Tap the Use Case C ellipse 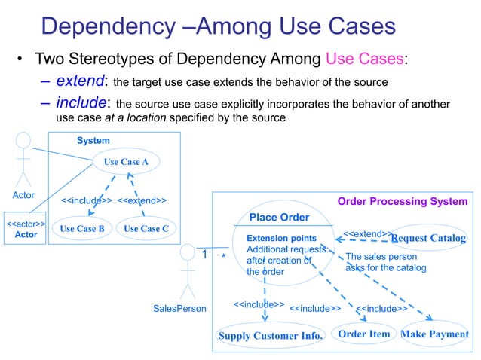[x=146, y=228]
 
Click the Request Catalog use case [x=428, y=239]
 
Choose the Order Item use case [x=364, y=334]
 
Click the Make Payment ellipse [x=434, y=334]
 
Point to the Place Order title [x=279, y=218]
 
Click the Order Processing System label [x=402, y=202]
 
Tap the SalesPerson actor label [x=179, y=308]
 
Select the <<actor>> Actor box [x=26, y=230]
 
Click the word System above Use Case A [x=93, y=141]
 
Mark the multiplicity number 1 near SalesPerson [x=204, y=255]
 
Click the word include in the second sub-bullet [x=81, y=103]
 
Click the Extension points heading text [x=276, y=238]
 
